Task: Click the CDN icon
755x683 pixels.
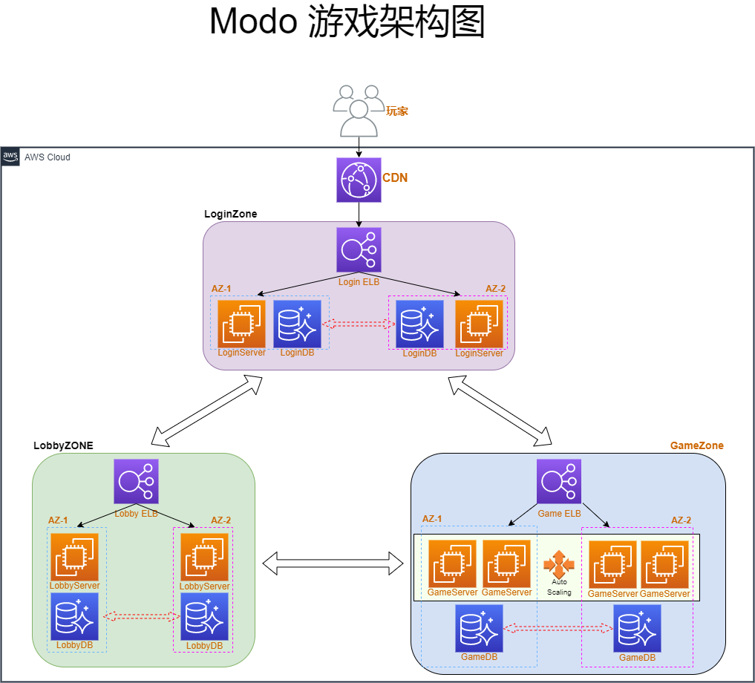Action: click(359, 180)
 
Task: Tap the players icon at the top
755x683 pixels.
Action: click(359, 111)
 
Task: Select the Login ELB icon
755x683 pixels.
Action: click(359, 249)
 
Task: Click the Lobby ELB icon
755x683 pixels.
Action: click(136, 481)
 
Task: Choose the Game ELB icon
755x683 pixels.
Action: click(559, 481)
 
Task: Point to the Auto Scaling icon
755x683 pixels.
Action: click(559, 566)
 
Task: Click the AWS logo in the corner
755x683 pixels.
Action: click(10, 157)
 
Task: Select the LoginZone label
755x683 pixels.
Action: click(231, 214)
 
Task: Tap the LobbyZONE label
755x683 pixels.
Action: click(63, 445)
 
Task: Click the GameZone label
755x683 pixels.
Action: click(696, 445)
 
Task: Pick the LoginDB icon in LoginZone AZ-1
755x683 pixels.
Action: click(297, 324)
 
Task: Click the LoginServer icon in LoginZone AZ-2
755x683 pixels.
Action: click(479, 324)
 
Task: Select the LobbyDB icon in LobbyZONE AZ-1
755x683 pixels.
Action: click(74, 616)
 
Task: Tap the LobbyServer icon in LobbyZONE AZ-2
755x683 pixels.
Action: click(204, 557)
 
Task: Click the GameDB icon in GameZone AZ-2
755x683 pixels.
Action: click(637, 628)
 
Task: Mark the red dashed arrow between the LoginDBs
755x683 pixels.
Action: click(359, 324)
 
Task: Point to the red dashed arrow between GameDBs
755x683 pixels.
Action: click(558, 629)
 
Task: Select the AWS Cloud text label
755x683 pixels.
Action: click(48, 157)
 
